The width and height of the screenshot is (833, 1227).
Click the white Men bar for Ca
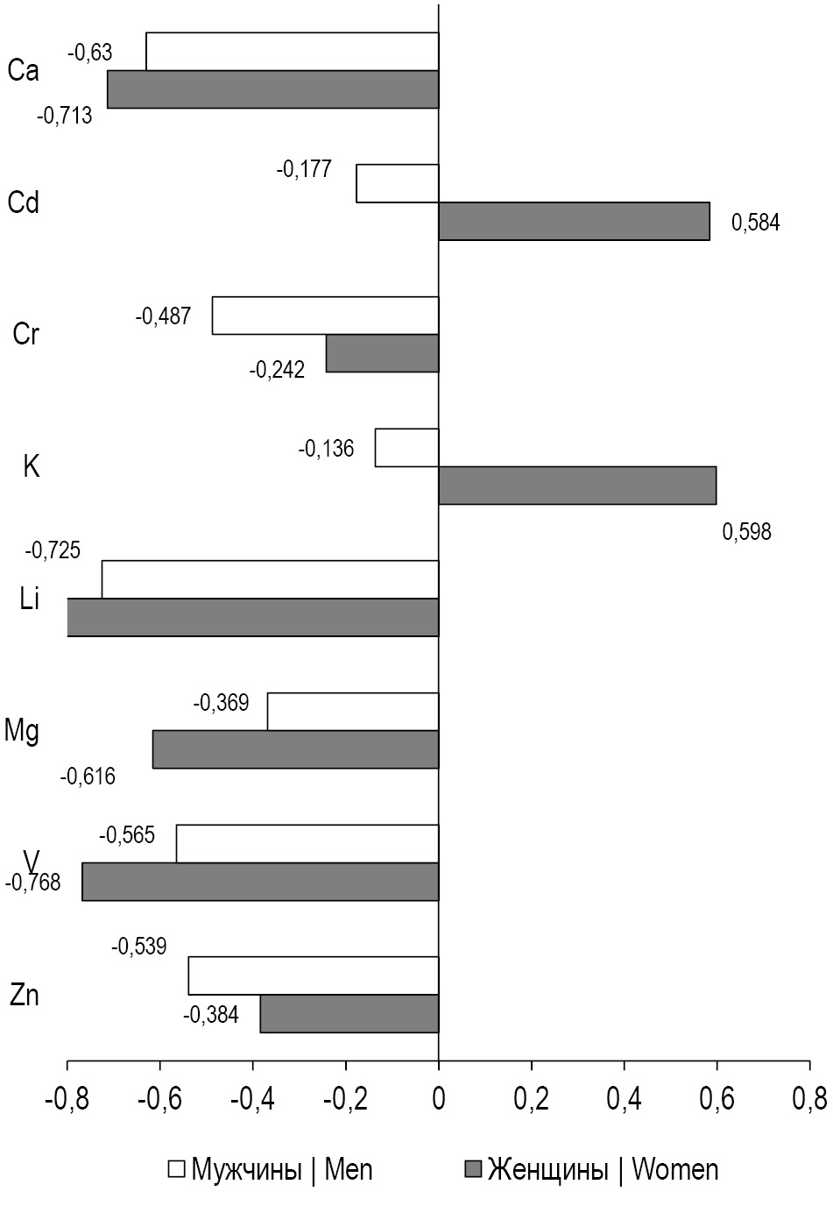point(292,52)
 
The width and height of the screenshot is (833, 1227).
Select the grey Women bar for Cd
point(574,221)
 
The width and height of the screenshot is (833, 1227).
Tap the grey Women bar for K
point(577,486)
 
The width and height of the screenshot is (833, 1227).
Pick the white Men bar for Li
point(270,579)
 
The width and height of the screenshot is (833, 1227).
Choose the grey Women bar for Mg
point(295,749)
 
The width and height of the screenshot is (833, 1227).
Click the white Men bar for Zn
point(313,975)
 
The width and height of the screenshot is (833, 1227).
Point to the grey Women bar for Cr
point(382,353)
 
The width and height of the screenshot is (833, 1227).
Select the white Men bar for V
point(307,843)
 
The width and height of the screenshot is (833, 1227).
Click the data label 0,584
point(755,223)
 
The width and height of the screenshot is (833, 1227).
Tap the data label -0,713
point(65,116)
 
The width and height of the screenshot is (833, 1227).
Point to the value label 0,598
point(746,531)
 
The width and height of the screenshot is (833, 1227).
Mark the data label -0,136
point(326,450)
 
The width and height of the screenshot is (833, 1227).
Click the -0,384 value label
point(210,1015)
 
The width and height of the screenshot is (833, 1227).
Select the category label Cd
point(24,203)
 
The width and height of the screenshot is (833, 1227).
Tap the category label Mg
point(22,730)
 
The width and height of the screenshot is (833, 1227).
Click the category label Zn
point(24,996)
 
